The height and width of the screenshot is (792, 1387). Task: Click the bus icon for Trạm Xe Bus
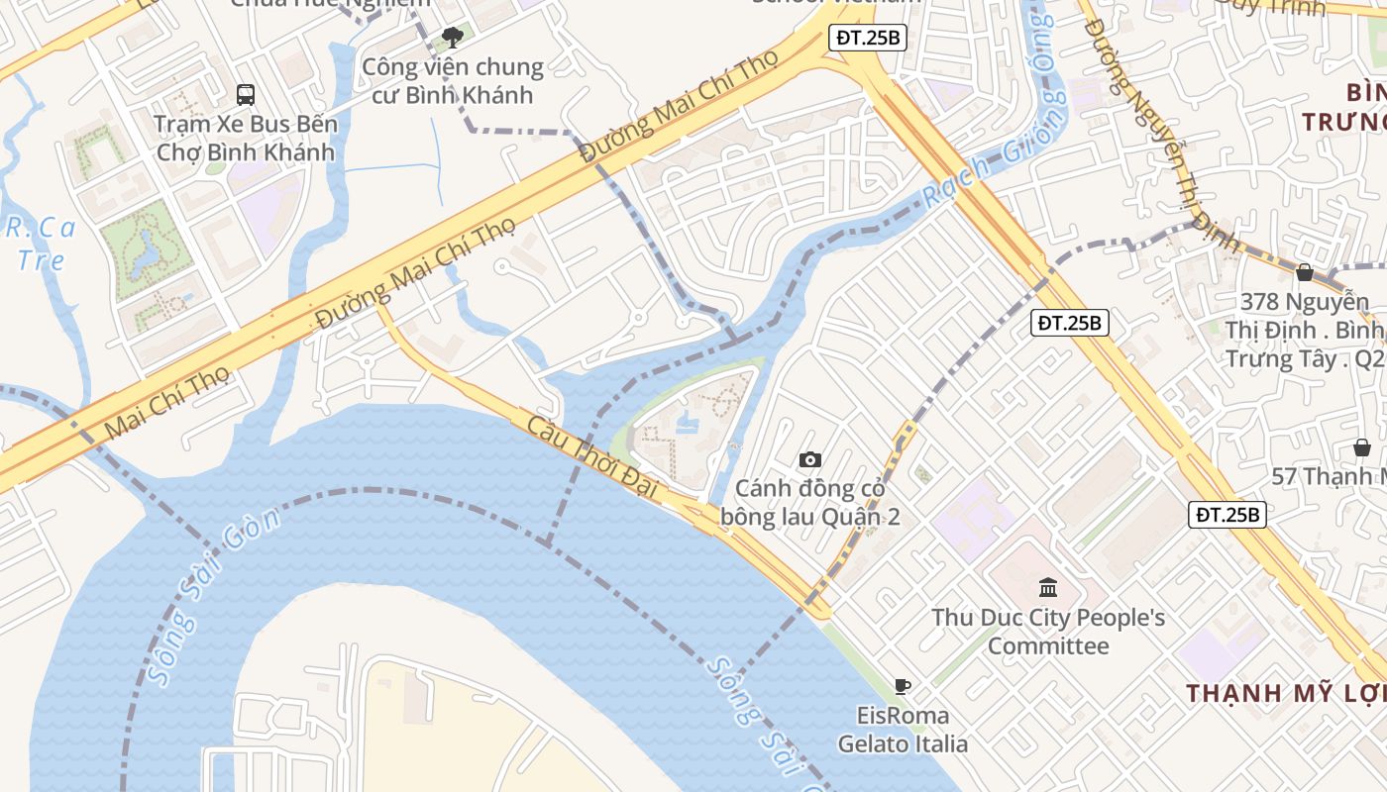coord(246,95)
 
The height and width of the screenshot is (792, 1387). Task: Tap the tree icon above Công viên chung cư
coord(453,39)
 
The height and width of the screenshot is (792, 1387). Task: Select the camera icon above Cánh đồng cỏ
coord(810,459)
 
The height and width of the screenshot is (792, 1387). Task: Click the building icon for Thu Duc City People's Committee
coord(1048,588)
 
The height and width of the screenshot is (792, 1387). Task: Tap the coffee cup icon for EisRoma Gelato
coord(903,686)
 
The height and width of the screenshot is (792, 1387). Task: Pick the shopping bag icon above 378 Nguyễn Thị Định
coord(1305,272)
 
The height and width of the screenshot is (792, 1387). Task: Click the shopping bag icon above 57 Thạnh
coord(1362,447)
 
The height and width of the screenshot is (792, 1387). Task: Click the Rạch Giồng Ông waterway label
coord(995,148)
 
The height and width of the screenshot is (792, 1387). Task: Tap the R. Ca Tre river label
coord(41,244)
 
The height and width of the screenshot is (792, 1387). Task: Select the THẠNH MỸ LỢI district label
coord(1286,693)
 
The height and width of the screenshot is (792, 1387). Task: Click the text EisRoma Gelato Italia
coord(903,729)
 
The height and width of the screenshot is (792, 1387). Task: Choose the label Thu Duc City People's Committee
coord(1048,632)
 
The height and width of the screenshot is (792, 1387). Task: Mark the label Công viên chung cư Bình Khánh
coord(453,81)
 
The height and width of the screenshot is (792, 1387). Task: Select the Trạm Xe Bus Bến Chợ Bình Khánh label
coord(246,139)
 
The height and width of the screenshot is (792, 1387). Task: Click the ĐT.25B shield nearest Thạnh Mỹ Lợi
coord(1227,515)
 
